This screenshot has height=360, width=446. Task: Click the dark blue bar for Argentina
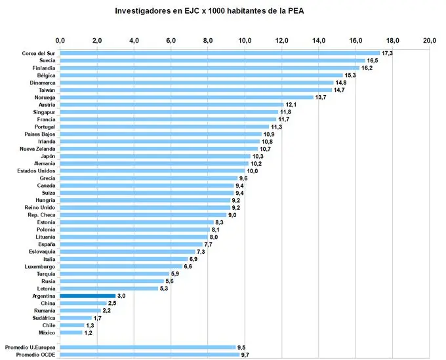click(87, 296)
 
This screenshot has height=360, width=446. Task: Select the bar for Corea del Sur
click(220, 53)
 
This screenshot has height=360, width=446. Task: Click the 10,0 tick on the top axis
click(245, 41)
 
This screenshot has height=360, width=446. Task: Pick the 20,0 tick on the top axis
click(430, 41)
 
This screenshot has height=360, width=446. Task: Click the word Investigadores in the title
click(146, 11)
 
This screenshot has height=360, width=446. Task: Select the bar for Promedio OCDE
click(150, 354)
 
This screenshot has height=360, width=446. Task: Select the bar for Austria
click(171, 104)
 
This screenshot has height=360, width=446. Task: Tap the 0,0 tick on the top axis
click(60, 41)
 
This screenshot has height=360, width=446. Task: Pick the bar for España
click(131, 244)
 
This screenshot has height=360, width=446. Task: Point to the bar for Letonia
click(108, 289)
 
